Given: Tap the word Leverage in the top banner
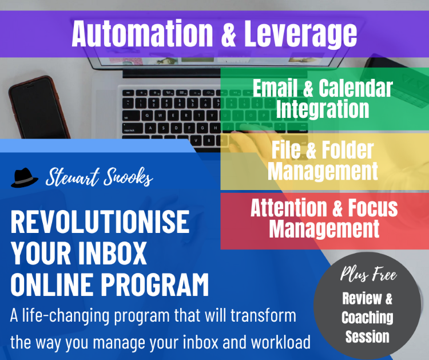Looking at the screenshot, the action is (300, 35).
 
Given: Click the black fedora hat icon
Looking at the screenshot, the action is (25, 177).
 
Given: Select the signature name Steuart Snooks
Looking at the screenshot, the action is (99, 177).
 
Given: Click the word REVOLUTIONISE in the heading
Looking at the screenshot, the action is (100, 221).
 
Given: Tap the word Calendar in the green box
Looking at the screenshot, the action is (356, 88).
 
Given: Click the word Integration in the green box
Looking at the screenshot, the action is (323, 109).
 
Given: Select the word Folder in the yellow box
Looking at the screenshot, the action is (347, 150).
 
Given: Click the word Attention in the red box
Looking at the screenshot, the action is (289, 208).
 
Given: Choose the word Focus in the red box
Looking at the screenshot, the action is (372, 208).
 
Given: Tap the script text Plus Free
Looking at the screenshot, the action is (368, 274).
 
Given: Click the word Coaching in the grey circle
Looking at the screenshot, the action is (367, 317).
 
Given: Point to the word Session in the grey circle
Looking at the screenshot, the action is (367, 337).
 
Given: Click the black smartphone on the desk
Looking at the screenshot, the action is (39, 108).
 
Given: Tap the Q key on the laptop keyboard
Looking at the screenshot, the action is (148, 116).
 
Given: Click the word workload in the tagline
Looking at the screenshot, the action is (280, 342).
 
